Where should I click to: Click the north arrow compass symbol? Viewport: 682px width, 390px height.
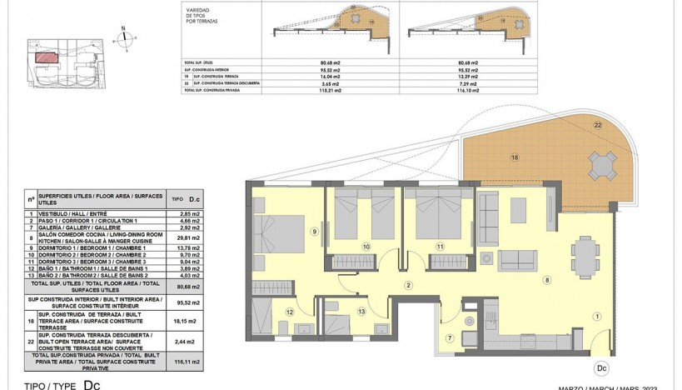(x=123, y=34)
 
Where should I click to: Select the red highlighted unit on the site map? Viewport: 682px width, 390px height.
(x=47, y=57)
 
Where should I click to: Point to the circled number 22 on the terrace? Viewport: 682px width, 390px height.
(x=597, y=125)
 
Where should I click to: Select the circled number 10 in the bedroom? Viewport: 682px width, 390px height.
(x=365, y=247)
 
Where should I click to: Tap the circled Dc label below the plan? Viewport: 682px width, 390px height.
(x=600, y=366)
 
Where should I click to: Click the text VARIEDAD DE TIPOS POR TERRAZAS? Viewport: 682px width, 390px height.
(x=198, y=14)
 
